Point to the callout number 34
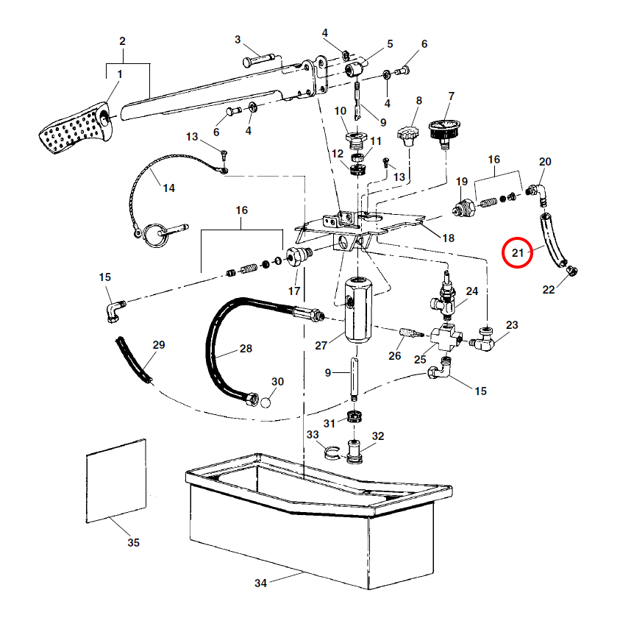[260, 583]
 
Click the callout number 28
[246, 348]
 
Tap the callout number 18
[448, 238]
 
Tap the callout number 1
[120, 74]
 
